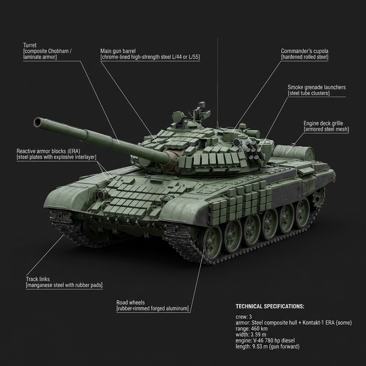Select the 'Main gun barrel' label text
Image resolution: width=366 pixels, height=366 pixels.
pyautogui.click(x=118, y=51)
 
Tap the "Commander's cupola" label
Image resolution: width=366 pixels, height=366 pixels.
pyautogui.click(x=305, y=51)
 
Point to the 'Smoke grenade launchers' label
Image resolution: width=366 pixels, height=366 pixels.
pyautogui.click(x=317, y=87)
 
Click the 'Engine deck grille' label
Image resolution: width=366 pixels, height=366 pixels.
pyautogui.click(x=326, y=123)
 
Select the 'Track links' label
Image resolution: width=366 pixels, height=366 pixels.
pyautogui.click(x=38, y=279)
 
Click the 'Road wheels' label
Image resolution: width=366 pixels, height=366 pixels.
pyautogui.click(x=130, y=302)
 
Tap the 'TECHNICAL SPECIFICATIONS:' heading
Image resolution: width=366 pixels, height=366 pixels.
pyautogui.click(x=270, y=307)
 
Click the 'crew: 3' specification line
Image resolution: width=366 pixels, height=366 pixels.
pyautogui.click(x=244, y=317)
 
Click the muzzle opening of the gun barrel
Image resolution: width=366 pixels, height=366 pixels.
pyautogui.click(x=38, y=123)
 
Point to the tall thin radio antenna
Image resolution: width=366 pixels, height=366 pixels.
pyautogui.click(x=217, y=82)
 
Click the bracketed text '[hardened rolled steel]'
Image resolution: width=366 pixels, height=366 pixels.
pyautogui.click(x=305, y=57)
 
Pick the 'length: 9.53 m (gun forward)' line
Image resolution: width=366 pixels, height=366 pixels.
pyautogui.click(x=267, y=346)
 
